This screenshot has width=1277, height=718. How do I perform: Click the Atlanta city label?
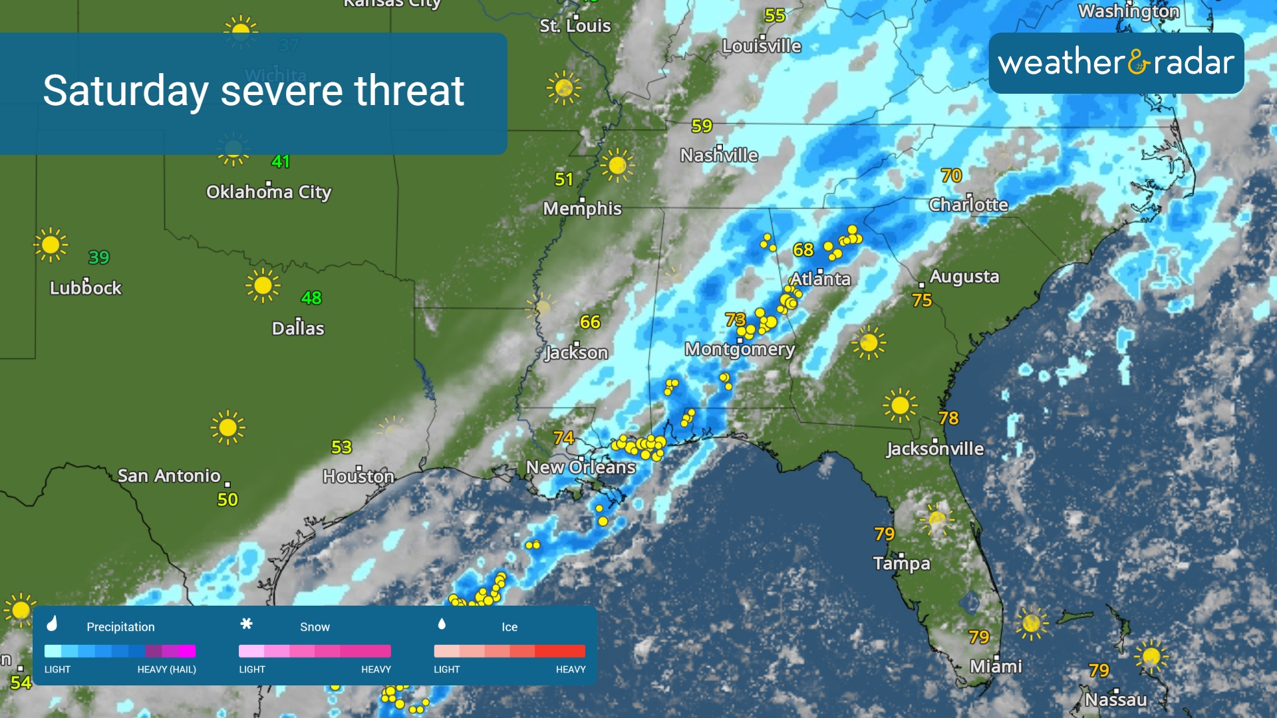[820, 279]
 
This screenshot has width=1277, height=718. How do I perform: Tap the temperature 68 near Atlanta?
[803, 250]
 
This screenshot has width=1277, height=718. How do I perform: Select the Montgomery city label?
[740, 350]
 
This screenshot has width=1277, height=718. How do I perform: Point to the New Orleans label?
[581, 468]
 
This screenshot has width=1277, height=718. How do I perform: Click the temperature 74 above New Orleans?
[563, 438]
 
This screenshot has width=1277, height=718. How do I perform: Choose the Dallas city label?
[298, 328]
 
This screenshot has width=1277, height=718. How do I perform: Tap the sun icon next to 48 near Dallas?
[263, 286]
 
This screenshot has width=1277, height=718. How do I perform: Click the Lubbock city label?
[86, 289]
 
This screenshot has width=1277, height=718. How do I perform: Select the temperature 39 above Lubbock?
[98, 257]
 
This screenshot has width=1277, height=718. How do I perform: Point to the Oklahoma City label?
[268, 193]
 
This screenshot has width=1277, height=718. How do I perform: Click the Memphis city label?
[582, 209]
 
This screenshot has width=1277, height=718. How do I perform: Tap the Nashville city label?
[719, 156]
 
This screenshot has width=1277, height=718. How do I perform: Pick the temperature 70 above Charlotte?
[951, 176]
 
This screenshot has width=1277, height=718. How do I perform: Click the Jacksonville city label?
[934, 449]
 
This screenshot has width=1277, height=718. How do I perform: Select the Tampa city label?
[901, 564]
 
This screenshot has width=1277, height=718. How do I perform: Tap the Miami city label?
[996, 666]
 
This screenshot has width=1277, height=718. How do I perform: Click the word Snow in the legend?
[315, 627]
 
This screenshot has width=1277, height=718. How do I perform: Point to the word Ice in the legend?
[509, 627]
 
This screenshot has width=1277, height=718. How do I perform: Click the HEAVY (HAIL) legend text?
[166, 669]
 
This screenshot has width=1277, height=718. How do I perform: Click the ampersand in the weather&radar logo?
[1139, 62]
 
